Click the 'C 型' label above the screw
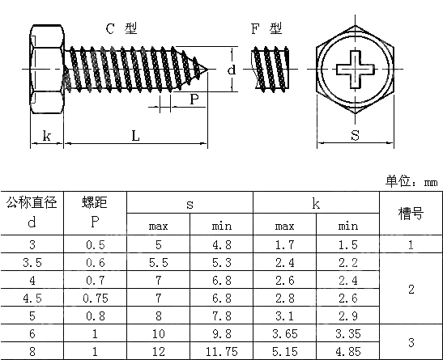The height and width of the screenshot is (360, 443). [121, 29]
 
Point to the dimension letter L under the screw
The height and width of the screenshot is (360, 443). [135, 136]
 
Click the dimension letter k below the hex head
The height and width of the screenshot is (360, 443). [47, 136]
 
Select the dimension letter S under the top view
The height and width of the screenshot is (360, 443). [355, 135]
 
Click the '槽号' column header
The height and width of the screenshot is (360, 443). [411, 214]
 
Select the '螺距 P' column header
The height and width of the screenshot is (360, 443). [95, 213]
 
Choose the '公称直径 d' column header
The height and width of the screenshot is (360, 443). [32, 213]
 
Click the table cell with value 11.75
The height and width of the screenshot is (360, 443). [221, 351]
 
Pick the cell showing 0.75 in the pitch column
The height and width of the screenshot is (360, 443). [95, 298]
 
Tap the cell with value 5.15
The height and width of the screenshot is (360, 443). [284, 351]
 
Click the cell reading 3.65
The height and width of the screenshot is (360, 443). [284, 333]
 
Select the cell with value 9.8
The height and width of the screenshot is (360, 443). [221, 333]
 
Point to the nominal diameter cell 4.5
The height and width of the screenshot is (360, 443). [32, 298]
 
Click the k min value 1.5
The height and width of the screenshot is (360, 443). [347, 244]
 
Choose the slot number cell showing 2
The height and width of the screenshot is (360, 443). [411, 289]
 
